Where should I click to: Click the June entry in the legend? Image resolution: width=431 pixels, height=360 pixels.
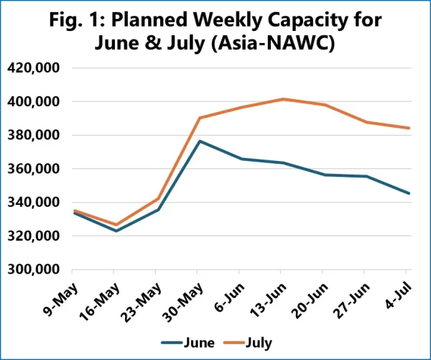pos(189,343)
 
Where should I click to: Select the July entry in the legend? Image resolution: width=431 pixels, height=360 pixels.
pos(249,343)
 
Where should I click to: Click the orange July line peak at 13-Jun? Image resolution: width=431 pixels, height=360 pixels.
pos(283,99)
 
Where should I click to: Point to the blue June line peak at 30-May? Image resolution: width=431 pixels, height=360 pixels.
pos(200,141)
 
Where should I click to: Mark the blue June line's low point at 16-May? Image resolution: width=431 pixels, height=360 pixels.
pos(116,231)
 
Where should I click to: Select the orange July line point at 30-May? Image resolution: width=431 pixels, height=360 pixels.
pos(200,118)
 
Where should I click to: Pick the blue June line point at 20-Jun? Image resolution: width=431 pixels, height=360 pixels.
pos(325,175)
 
